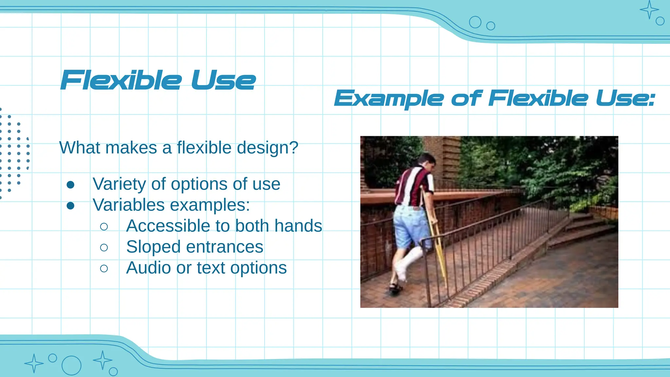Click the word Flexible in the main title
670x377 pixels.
coord(121,80)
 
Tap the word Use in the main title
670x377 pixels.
coord(223,80)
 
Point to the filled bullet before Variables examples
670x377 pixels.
coord(70,206)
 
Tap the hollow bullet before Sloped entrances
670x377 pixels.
coord(104,247)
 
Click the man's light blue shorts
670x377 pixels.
coord(409,226)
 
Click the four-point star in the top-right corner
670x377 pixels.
coord(649,10)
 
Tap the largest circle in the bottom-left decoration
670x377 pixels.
coord(71,365)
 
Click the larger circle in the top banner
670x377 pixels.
coord(475,22)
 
